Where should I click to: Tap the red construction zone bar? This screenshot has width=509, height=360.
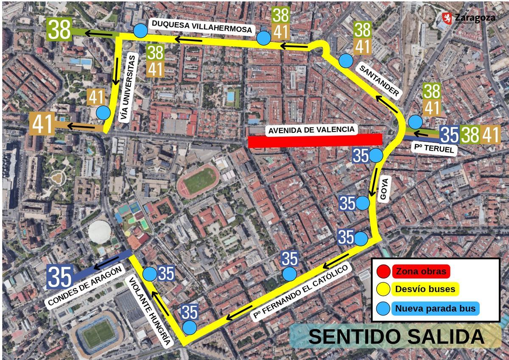pyautogui.click(x=315, y=141)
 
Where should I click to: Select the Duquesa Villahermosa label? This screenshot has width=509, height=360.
pyautogui.click(x=202, y=27)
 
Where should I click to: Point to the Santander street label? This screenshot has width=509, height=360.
pyautogui.click(x=379, y=80)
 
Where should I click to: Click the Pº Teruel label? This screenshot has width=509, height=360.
pyautogui.click(x=434, y=149)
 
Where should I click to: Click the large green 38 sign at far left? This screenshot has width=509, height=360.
pyautogui.click(x=60, y=30)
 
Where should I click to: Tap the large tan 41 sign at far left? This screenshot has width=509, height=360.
pyautogui.click(x=42, y=125)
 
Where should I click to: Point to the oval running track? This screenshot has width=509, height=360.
pyautogui.click(x=198, y=181)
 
